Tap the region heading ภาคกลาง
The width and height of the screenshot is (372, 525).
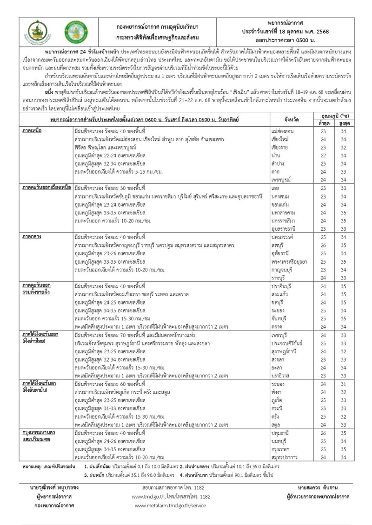[x=32, y=236]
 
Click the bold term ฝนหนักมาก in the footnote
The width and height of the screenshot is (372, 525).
[x=207, y=475]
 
